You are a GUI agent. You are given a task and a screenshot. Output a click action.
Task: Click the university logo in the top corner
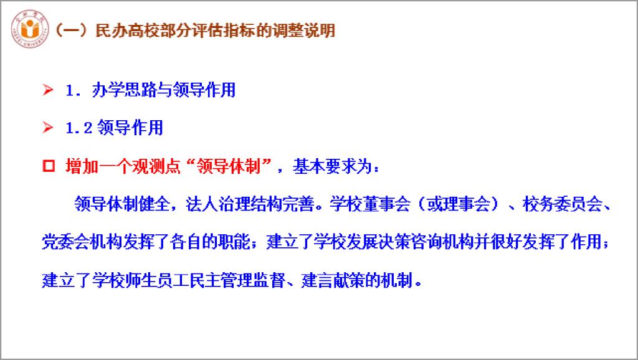30,29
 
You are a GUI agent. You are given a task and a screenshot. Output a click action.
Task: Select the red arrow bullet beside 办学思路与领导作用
47,90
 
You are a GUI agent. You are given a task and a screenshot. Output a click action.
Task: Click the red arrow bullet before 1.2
47,127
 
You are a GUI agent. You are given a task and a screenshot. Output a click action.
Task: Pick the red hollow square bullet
49,166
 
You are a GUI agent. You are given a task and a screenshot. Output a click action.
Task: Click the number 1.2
79,128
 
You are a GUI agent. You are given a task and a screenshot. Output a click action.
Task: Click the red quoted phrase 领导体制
228,166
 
